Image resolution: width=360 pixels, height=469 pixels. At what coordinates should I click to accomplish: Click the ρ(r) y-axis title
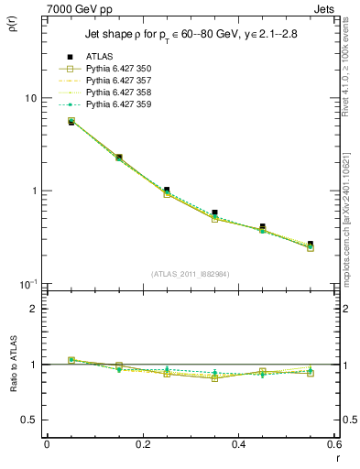click(x=15, y=21)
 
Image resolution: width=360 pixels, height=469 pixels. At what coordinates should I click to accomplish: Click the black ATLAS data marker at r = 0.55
click(x=311, y=245)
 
